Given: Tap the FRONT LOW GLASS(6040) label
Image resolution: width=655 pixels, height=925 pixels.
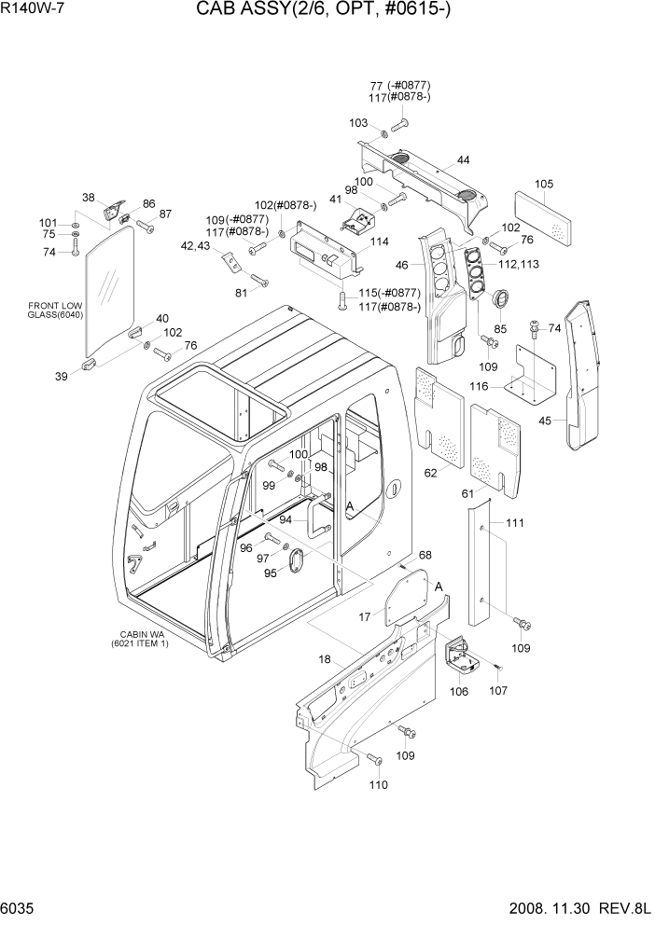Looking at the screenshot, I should pyautogui.click(x=57, y=311).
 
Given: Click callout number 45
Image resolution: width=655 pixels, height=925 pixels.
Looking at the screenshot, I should pyautogui.click(x=545, y=420).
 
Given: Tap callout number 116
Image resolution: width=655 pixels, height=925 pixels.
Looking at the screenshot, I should pyautogui.click(x=505, y=385).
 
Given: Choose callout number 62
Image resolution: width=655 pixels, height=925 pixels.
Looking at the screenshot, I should pyautogui.click(x=430, y=473).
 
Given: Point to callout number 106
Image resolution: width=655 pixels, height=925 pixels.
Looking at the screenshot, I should pyautogui.click(x=459, y=691).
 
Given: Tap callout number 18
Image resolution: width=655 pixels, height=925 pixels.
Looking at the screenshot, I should pyautogui.click(x=325, y=659).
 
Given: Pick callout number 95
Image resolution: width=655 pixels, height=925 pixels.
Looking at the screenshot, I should pyautogui.click(x=271, y=573).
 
